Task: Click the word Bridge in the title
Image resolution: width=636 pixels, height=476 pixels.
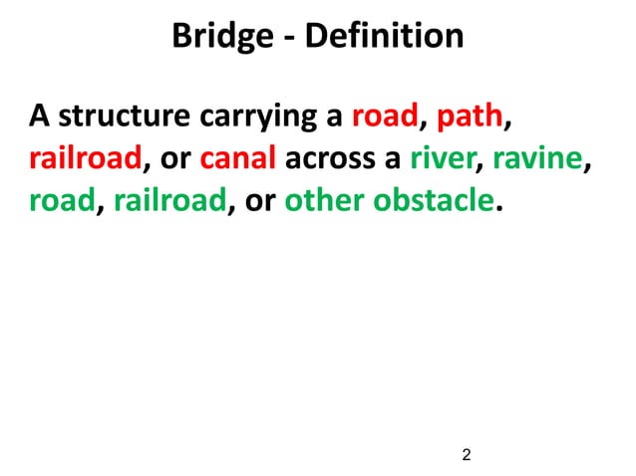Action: [220, 37]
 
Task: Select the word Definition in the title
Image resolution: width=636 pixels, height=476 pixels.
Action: [384, 37]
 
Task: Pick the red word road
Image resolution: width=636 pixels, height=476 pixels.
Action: [385, 118]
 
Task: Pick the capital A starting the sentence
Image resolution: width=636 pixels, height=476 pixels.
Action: [39, 118]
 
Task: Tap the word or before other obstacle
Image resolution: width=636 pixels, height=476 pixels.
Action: [261, 202]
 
